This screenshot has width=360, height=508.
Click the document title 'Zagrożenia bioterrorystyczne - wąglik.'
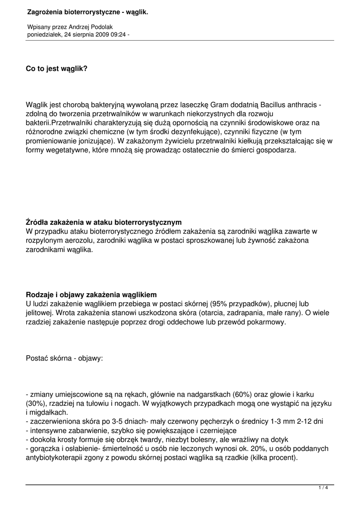(x=87, y=11)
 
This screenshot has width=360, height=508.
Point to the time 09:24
(x=118, y=35)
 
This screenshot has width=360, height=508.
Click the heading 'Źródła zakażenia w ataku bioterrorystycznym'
(x=104, y=222)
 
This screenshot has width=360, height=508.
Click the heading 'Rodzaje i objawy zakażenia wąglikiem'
(x=91, y=294)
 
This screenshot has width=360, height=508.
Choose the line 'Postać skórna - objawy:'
(x=65, y=357)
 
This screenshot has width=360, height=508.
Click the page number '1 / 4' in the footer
(x=323, y=488)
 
